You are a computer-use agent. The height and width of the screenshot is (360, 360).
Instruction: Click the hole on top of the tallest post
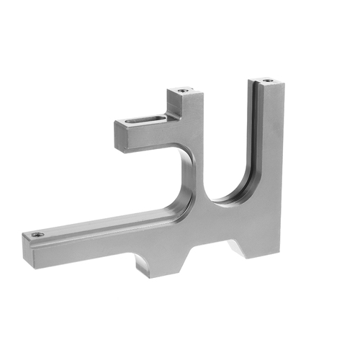268,81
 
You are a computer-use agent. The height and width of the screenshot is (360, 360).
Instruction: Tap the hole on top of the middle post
182,91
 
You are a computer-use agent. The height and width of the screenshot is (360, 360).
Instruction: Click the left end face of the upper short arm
121,136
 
